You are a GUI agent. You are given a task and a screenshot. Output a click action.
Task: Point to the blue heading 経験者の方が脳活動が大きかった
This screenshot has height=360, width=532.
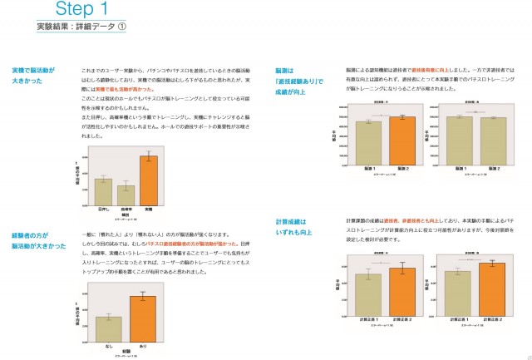click(39, 241)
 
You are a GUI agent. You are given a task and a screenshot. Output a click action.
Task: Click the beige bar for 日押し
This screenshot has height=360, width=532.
click(103, 191)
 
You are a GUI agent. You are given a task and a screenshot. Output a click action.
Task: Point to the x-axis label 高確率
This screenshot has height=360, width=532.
click(126, 210)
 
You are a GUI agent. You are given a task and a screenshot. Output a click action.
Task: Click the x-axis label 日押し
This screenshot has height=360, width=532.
click(103, 210)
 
